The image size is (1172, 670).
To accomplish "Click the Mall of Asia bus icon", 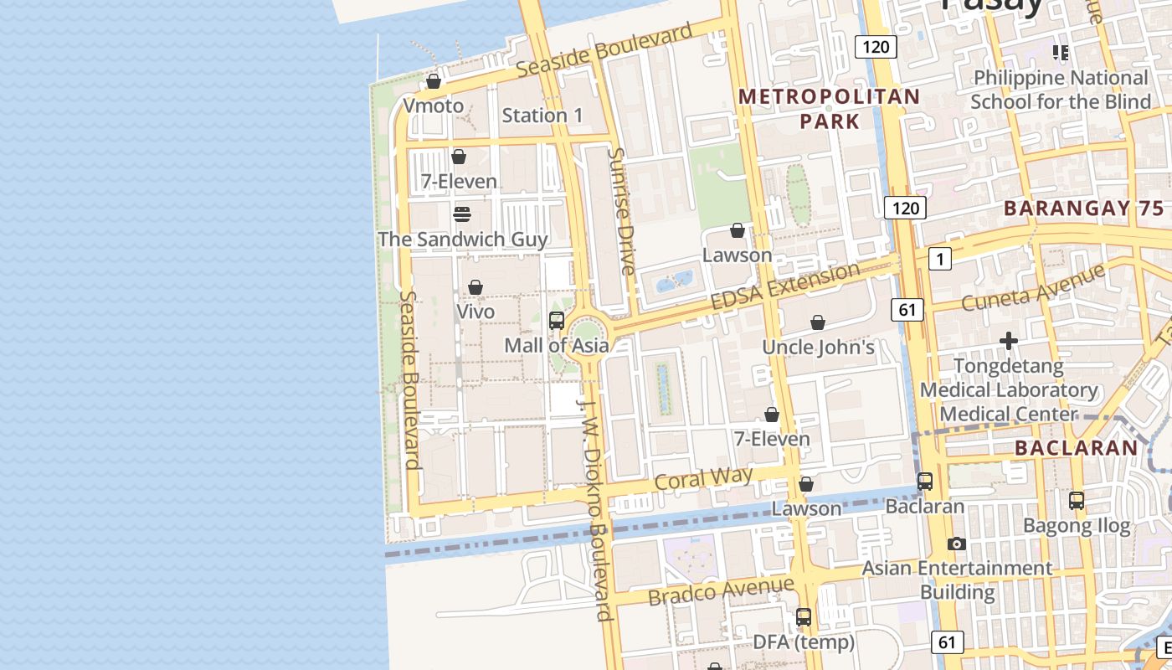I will (x=556, y=321).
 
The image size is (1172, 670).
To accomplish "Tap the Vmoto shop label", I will (x=433, y=106).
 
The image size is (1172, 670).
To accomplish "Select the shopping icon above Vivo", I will (x=475, y=287).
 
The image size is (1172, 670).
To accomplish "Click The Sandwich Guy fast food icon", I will (x=461, y=214).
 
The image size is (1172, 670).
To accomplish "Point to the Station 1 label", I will (x=542, y=116).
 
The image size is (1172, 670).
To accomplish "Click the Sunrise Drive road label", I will (x=623, y=211).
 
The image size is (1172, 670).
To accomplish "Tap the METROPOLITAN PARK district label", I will (x=829, y=109).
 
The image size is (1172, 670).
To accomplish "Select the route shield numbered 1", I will (x=939, y=260).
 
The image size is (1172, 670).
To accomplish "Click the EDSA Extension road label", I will (x=784, y=286).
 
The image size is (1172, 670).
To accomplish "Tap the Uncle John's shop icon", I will (x=818, y=322).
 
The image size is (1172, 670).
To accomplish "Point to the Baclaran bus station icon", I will (x=925, y=482).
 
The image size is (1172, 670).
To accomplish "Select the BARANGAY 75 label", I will (x=1082, y=209).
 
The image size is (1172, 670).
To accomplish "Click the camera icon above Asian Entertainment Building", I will (x=957, y=544).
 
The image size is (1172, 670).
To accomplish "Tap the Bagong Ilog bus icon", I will (x=1077, y=501).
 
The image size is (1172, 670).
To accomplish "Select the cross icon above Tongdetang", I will (x=1009, y=341).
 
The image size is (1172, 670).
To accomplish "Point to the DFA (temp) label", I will (x=804, y=642).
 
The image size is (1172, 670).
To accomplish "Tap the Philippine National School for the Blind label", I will (x=1061, y=90).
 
